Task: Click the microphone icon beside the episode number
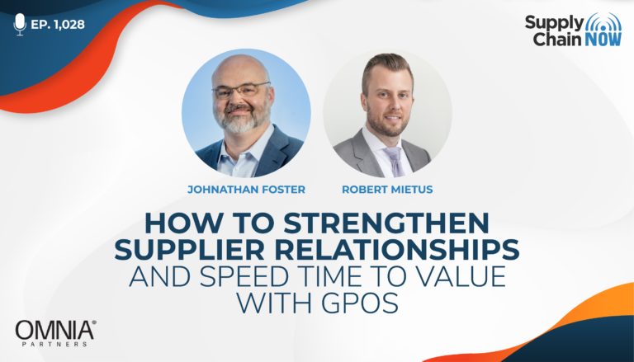point(20,24)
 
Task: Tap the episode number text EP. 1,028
point(58,24)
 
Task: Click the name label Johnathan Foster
point(246,190)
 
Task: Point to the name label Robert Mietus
point(387,190)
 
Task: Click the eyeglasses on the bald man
point(241,91)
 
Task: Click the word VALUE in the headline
point(458,276)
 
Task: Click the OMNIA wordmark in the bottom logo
point(56,330)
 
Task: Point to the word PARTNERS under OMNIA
point(54,344)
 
